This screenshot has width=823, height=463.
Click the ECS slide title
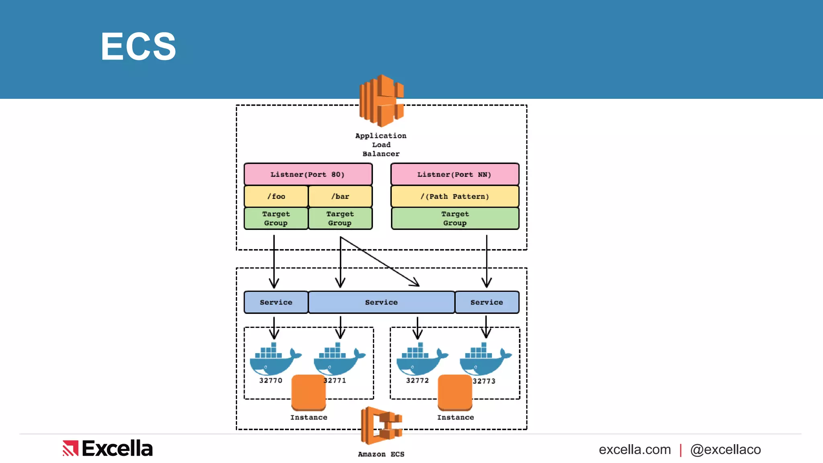click(138, 47)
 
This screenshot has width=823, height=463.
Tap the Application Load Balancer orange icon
click(381, 100)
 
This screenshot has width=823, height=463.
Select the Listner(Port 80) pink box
click(308, 174)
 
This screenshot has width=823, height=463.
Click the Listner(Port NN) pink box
click(454, 174)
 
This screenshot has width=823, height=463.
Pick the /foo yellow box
click(276, 197)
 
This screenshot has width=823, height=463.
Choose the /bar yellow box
click(340, 197)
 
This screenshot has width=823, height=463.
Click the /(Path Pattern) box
click(454, 197)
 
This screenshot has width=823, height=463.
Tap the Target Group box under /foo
click(276, 218)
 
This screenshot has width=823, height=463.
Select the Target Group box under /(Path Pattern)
click(454, 218)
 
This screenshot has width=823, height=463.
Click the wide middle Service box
click(381, 302)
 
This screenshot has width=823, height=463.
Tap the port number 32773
click(484, 381)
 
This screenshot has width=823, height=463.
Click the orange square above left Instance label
click(308, 391)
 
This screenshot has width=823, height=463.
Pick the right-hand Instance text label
click(455, 418)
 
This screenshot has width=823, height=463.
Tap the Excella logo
click(108, 449)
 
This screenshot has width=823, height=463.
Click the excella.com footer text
click(635, 450)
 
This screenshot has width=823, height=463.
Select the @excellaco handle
click(725, 450)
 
